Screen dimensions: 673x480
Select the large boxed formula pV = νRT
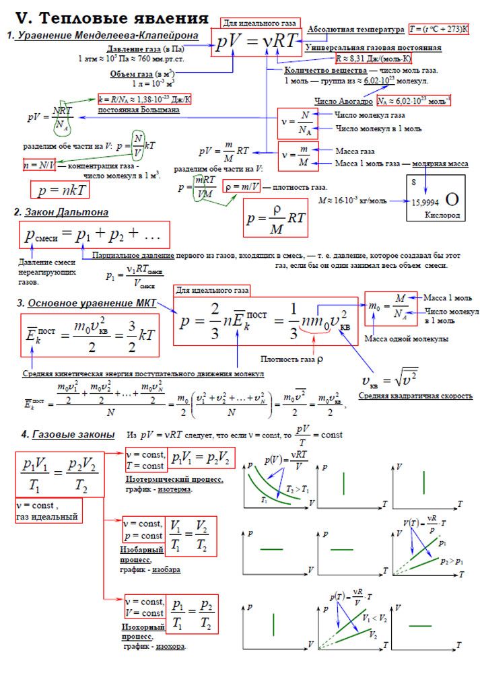coord(256,42)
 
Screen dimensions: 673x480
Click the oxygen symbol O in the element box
coord(453,199)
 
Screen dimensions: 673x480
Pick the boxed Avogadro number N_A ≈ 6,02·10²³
coord(413,102)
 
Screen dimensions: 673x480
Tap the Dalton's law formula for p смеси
coord(94,235)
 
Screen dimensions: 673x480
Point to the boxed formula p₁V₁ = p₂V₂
coord(201,460)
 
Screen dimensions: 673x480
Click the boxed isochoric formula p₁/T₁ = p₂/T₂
coord(192,612)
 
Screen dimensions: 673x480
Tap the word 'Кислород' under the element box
coord(442,216)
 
